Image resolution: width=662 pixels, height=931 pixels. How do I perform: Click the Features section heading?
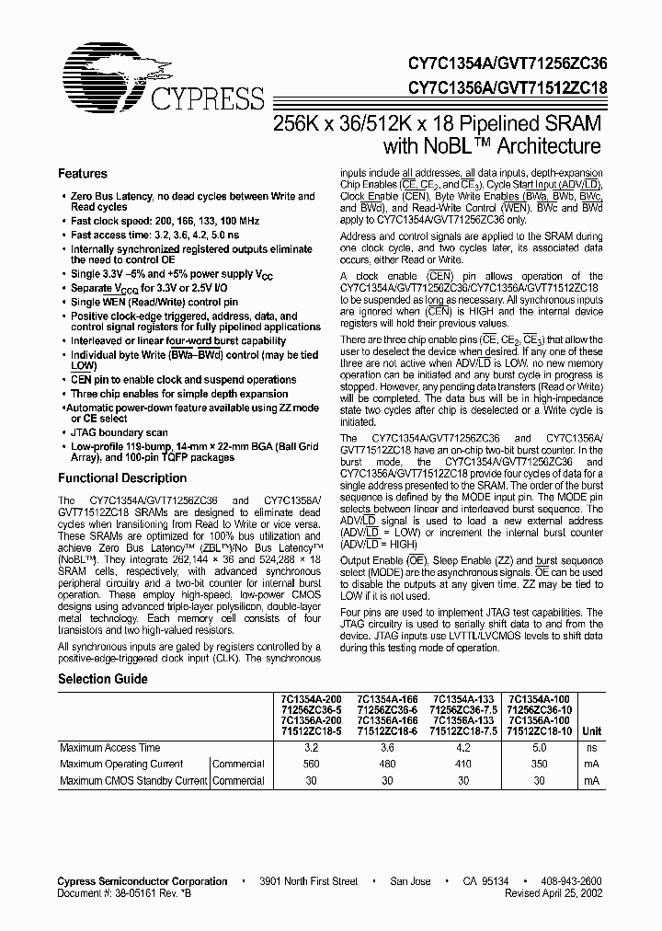(x=83, y=174)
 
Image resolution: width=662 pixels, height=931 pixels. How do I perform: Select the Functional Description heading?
(x=122, y=478)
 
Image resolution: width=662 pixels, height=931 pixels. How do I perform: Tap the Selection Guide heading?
(x=102, y=679)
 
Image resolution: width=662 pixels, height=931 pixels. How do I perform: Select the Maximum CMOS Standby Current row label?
(x=133, y=781)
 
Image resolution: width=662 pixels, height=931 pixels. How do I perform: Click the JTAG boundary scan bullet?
(x=119, y=432)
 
